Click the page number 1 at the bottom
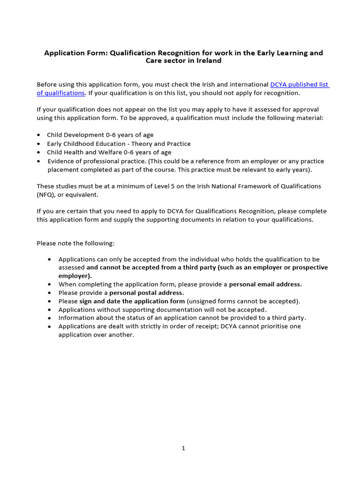coord(183,448)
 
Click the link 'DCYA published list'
coord(300,84)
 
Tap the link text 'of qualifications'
coord(60,93)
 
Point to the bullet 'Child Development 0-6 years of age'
coord(100,135)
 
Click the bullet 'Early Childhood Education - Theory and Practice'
coord(119,143)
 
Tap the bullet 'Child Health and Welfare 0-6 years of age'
coord(109,152)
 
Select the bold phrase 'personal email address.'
coord(265,284)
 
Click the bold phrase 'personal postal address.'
coord(147,292)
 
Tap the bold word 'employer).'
coord(75,276)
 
